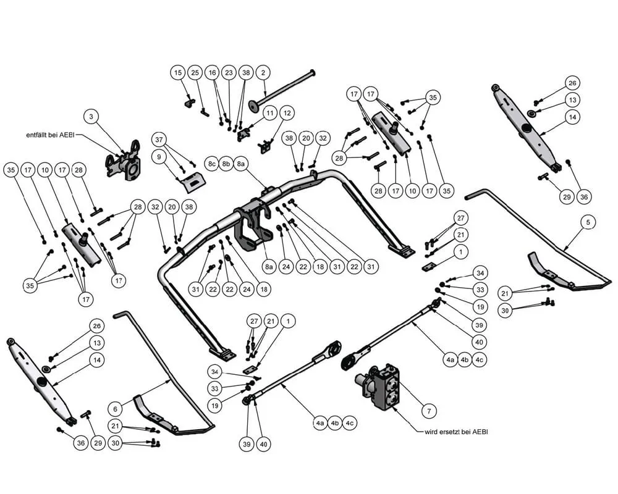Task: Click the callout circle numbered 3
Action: (x=91, y=116)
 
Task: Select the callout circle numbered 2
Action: (x=263, y=73)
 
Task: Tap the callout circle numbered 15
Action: (x=178, y=73)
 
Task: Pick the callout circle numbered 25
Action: (x=195, y=73)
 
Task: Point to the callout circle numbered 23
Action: (x=229, y=73)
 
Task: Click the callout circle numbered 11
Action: (x=270, y=113)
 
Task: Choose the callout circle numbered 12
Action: (x=287, y=113)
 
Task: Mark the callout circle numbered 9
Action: (x=159, y=157)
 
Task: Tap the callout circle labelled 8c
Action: (x=212, y=164)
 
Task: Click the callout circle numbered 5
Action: (x=588, y=221)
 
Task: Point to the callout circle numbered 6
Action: (x=115, y=408)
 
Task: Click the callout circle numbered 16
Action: (x=213, y=73)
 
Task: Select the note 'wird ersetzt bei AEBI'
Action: (x=455, y=432)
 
